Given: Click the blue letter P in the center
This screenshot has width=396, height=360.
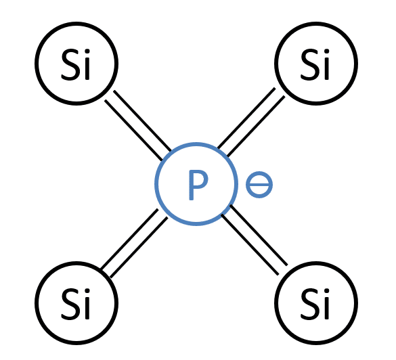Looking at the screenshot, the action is pos(198,185).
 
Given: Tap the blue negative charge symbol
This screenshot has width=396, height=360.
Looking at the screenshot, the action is pos(259,185).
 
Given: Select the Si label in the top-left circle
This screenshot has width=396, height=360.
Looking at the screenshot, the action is pos(76,65).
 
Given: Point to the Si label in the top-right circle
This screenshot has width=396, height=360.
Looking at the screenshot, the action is pos(315,65).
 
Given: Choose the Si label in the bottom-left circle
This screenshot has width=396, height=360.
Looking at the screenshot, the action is pos(76,304).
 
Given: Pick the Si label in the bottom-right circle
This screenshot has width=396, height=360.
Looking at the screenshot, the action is pos(315,304).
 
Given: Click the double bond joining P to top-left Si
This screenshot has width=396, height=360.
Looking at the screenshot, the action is pos(138,125).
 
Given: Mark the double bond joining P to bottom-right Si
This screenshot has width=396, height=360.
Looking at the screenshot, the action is pos(255,240).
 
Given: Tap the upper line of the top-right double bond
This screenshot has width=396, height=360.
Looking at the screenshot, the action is pos(246,118).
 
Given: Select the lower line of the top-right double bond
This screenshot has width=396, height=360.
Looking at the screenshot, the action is pos(256,126).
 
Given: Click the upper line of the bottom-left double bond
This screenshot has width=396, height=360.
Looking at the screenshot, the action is pos(129,239).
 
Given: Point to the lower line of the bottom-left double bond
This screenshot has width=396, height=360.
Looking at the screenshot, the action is pos(139,248).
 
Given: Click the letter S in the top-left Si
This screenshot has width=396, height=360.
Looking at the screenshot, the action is pos(70,66).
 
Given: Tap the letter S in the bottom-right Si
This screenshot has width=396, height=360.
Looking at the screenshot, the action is pos(309,305).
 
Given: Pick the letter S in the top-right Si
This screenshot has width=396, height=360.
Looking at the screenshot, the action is pos(309,66).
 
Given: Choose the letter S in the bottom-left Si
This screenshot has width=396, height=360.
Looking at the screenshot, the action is pos(70,305).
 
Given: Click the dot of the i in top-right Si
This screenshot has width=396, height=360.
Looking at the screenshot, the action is pos(326,51).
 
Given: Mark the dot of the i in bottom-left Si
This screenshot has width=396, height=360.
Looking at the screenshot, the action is pos(87,291).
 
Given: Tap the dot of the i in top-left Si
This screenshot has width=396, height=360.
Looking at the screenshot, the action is pos(87,51).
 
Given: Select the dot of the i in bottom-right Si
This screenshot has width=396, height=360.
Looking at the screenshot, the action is pos(326,291).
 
